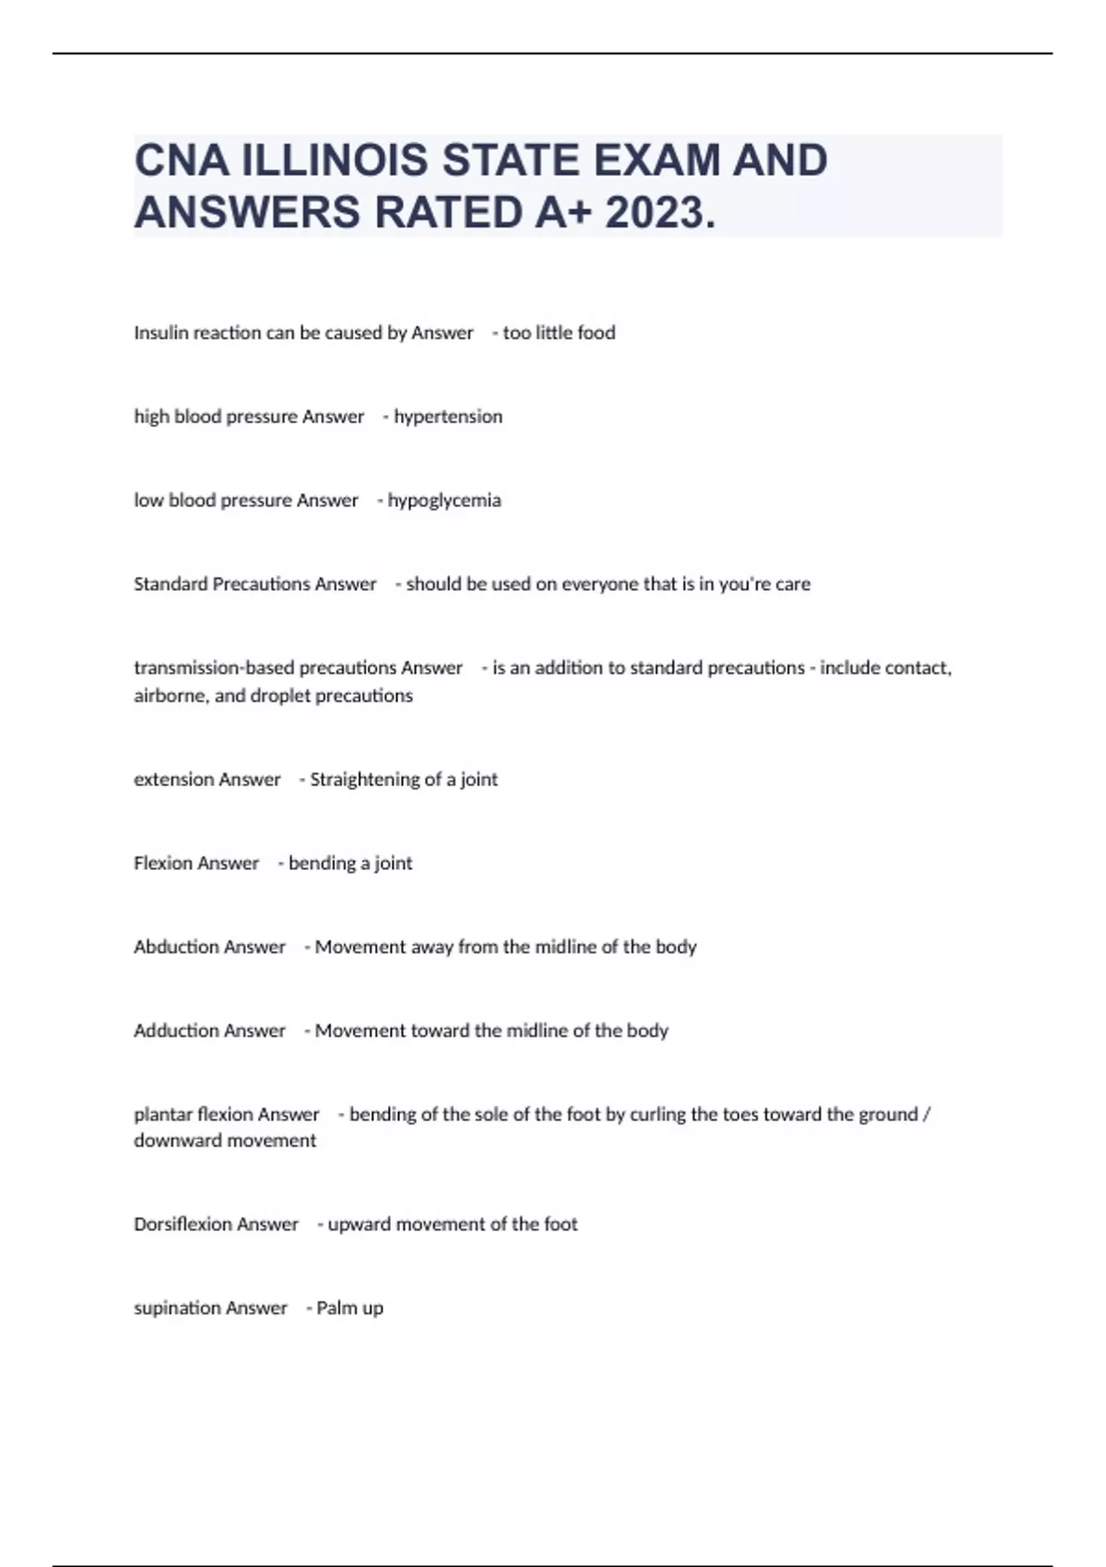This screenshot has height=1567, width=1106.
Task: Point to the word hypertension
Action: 448,417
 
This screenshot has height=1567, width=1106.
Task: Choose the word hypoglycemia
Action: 444,501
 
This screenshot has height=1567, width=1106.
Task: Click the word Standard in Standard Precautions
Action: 171,584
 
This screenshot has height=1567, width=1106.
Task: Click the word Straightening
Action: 365,780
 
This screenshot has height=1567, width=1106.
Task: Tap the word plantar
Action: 160,1114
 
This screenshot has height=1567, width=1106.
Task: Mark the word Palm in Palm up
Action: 335,1308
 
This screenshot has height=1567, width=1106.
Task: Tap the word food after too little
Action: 596,333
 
